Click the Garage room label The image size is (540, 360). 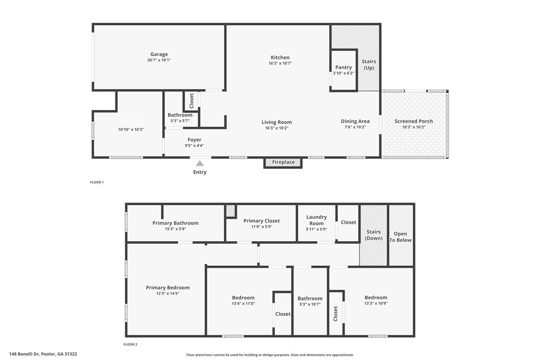[159, 54]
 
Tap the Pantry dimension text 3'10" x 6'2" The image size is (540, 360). [344, 73]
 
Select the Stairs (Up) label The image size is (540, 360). [369, 65]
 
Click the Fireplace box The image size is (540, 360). [283, 162]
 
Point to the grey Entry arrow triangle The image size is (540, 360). [199, 163]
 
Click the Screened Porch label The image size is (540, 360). [414, 121]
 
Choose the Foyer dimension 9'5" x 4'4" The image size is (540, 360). [194, 146]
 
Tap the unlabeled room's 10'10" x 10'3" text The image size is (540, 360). [131, 129]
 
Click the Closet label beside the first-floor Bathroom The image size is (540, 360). [191, 101]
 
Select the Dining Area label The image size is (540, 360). [355, 121]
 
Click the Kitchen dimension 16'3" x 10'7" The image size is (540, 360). [280, 63]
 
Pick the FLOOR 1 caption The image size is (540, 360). [96, 182]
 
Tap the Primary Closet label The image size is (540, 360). [262, 221]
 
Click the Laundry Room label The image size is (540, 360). [316, 220]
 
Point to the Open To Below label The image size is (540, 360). [400, 237]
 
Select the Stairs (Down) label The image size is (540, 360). [373, 235]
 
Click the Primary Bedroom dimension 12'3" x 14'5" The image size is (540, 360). [168, 293]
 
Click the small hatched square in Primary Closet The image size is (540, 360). [230, 211]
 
